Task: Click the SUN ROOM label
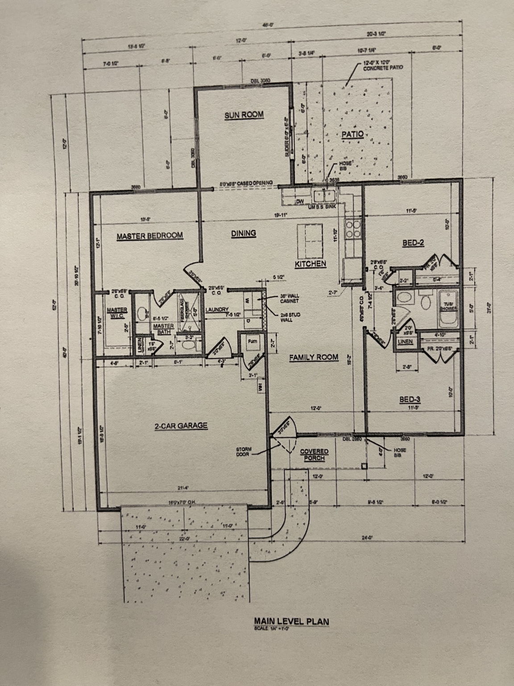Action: [x=244, y=115]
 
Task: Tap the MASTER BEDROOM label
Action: [x=150, y=235]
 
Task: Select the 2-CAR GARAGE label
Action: [x=181, y=426]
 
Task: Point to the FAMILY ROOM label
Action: [x=313, y=357]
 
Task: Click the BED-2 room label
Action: [x=413, y=243]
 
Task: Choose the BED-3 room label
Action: [x=410, y=400]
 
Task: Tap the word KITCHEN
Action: [x=311, y=264]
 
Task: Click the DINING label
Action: [x=244, y=233]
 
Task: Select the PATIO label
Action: [x=353, y=134]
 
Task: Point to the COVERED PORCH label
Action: [x=314, y=455]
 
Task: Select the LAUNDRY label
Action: [x=217, y=310]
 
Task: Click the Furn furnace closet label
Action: [x=253, y=342]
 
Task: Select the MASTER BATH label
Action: [x=163, y=329]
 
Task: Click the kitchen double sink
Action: [x=324, y=196]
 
